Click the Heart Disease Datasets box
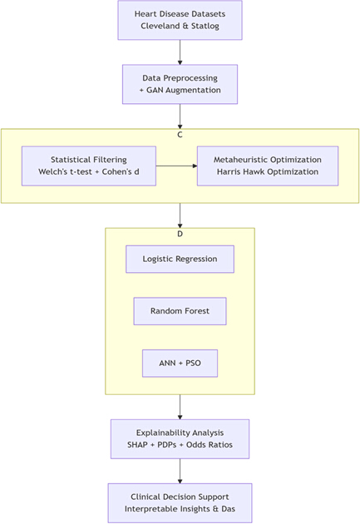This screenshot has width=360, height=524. coord(180,20)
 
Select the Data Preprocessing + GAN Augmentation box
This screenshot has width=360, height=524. coord(180,84)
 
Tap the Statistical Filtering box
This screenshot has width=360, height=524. coord(89,166)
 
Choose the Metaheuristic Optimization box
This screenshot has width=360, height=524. coord(268,166)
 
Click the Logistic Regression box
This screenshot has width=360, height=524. coord(180,259)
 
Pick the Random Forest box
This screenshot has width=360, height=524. coord(180,311)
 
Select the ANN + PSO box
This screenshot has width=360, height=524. coord(180,363)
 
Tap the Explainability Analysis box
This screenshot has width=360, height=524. coord(180,439)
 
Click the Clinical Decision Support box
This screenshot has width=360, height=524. coord(180,503)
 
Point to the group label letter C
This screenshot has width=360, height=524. coord(180,135)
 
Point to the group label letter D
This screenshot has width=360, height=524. coord(180,234)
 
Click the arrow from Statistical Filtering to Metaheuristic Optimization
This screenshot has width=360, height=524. coord(176,166)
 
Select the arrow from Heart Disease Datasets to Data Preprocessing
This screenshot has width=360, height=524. coord(180,52)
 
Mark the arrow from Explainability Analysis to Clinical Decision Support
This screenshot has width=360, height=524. coord(180,472)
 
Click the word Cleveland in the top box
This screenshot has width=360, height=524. coord(160,26)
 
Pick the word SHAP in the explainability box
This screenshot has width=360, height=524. coord(137,445)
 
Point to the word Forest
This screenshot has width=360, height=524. coord(195,311)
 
